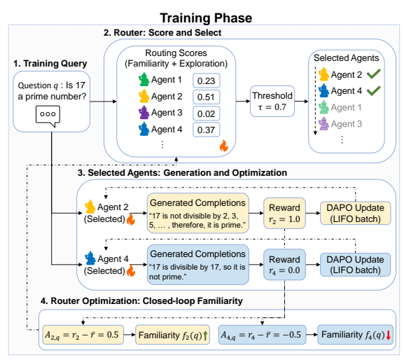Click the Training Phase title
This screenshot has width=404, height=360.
point(206,18)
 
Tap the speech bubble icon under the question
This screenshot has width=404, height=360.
point(48,116)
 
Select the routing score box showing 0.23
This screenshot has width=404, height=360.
point(206,81)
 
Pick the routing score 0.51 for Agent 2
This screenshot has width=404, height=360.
point(206,97)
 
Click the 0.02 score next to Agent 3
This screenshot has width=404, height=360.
point(206,113)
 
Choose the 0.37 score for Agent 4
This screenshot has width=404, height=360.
point(206,130)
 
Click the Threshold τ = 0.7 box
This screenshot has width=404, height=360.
point(272,102)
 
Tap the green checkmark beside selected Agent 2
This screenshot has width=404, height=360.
point(374,74)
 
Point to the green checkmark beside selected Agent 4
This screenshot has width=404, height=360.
point(374,90)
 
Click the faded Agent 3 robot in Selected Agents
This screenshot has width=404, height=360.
point(323,123)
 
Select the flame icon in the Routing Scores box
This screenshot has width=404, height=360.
point(223,146)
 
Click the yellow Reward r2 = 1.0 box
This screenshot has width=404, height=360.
point(284,213)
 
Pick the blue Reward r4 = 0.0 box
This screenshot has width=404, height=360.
point(284,264)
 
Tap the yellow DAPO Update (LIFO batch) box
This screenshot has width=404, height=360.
point(355,213)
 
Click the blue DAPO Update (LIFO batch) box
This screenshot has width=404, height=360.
point(355,265)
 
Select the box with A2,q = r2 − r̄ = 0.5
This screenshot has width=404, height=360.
point(83,335)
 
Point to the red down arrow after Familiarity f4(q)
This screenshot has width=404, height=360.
point(389,335)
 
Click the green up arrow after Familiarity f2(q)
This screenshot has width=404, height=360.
point(205,335)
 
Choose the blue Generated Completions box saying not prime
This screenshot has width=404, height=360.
point(198,265)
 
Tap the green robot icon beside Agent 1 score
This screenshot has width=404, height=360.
point(144,79)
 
